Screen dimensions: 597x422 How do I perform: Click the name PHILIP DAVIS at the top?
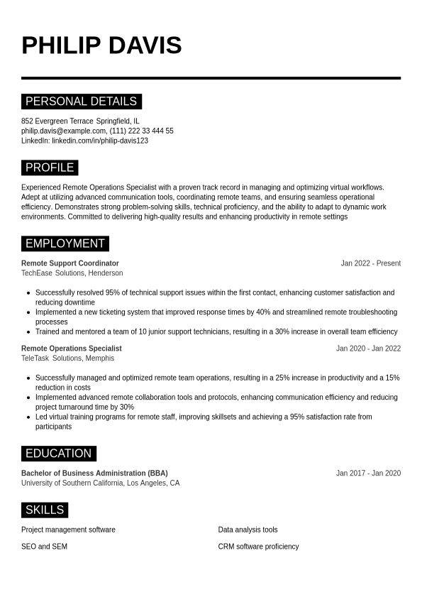(x=101, y=45)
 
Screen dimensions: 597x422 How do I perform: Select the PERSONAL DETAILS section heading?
(x=81, y=101)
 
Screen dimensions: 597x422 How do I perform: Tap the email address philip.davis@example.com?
(x=63, y=131)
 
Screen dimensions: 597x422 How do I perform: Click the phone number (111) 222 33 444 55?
(x=142, y=131)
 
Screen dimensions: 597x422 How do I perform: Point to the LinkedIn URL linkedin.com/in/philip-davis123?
(x=100, y=141)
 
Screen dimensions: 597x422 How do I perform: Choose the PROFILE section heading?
(x=50, y=168)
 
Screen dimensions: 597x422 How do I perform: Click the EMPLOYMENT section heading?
(x=65, y=243)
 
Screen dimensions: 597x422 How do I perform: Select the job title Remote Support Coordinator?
(x=70, y=263)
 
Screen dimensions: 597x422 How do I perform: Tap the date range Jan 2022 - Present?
(x=370, y=263)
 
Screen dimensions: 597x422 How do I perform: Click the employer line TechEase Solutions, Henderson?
(x=72, y=273)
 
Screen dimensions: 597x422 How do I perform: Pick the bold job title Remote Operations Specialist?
(x=72, y=349)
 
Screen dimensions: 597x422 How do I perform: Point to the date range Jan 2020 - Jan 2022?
(x=368, y=349)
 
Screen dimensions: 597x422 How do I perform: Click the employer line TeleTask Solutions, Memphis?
(x=67, y=358)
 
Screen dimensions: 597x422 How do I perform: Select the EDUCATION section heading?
(x=58, y=454)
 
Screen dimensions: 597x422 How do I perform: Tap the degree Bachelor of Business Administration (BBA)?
(x=94, y=473)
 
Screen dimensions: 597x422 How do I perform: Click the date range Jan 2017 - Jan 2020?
(x=368, y=473)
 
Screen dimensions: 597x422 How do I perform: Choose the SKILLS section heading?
(x=45, y=510)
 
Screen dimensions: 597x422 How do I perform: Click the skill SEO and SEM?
(x=44, y=547)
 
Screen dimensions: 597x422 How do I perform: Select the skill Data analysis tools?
(x=248, y=530)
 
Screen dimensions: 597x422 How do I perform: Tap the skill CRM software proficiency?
(x=258, y=547)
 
